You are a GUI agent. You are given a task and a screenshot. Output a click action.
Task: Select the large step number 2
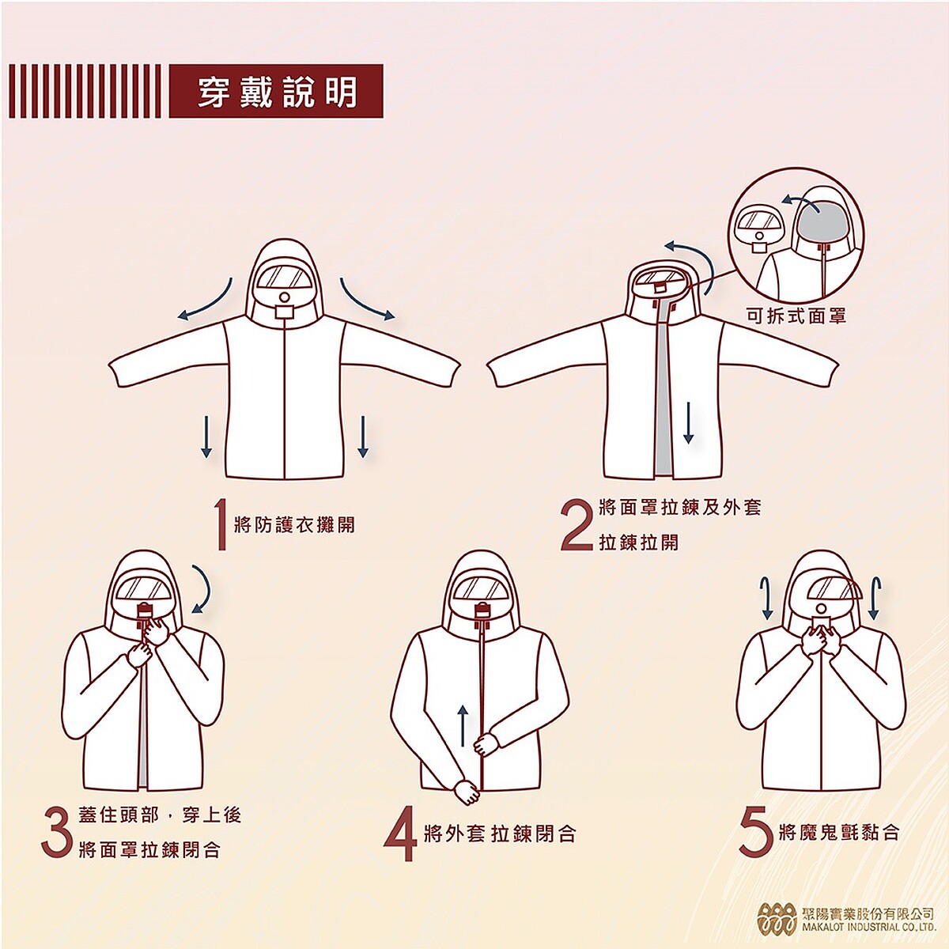point(576,524)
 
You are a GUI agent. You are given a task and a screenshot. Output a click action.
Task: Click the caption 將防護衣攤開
point(294,524)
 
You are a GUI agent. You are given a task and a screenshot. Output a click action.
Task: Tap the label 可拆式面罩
point(796,316)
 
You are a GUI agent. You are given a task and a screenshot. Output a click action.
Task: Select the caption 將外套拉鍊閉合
point(500,834)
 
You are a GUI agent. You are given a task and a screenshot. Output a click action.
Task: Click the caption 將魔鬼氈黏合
point(838,832)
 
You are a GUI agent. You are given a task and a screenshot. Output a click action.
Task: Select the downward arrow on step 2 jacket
point(688,422)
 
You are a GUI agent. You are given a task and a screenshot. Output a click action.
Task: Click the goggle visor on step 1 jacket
point(285,278)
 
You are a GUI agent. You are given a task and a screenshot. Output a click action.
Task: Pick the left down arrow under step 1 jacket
point(206,436)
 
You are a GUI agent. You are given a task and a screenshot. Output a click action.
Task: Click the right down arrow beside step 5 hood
point(874,599)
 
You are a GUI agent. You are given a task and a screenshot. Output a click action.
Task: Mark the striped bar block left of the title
point(85,92)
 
